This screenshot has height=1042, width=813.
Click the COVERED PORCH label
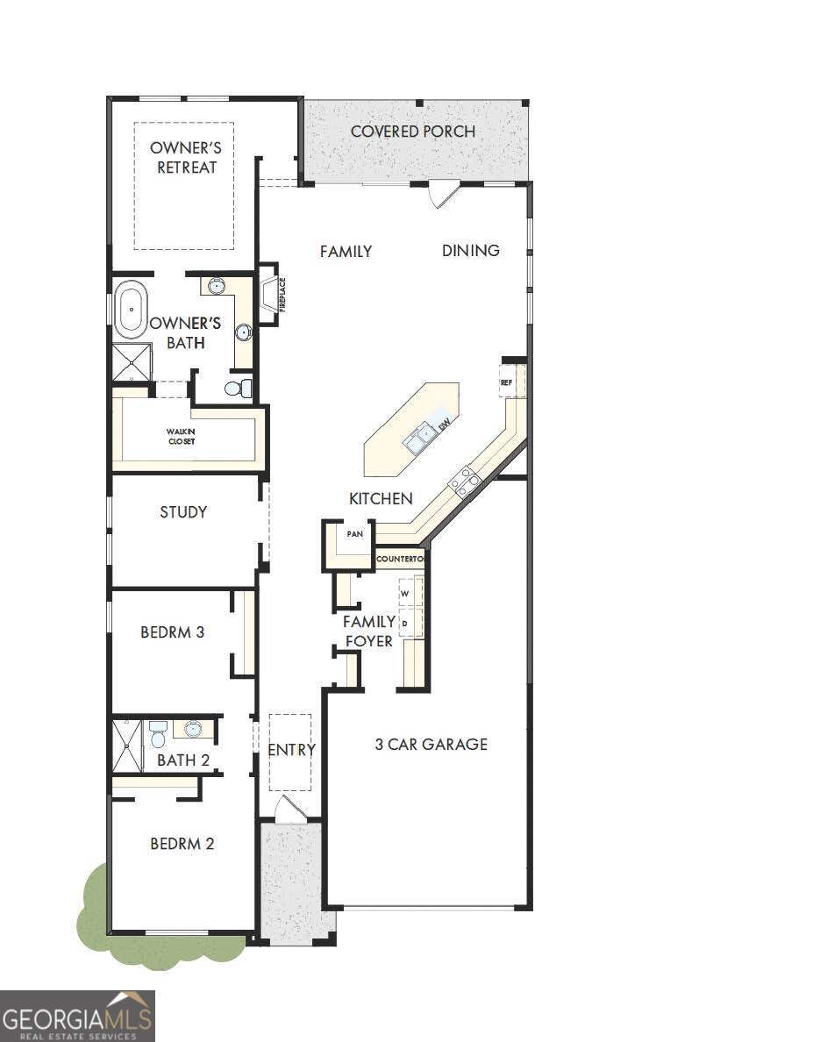(413, 132)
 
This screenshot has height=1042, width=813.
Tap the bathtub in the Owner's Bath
(131, 310)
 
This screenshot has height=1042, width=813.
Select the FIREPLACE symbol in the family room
(268, 295)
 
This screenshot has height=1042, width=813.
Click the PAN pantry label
(354, 533)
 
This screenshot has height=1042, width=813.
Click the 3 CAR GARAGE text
(431, 745)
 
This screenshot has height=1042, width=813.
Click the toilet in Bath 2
(158, 733)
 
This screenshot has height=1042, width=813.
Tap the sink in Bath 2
(193, 728)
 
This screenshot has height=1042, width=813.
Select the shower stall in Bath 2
(128, 746)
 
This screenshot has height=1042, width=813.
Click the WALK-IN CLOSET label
(182, 436)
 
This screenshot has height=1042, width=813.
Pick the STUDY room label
(183, 512)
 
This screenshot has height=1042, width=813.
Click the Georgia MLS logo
(78, 1016)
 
